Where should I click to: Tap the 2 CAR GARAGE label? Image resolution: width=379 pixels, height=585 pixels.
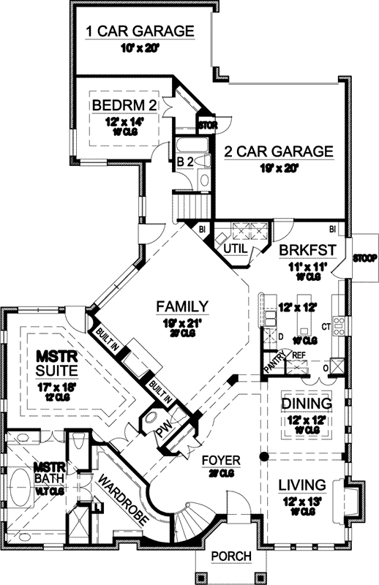click(x=278, y=152)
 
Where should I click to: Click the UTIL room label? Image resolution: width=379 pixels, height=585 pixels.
click(x=235, y=249)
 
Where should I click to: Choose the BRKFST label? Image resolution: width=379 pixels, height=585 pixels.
click(x=307, y=250)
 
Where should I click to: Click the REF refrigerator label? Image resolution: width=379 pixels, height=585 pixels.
click(x=299, y=355)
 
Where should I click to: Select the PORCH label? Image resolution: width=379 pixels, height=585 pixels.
click(x=230, y=556)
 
